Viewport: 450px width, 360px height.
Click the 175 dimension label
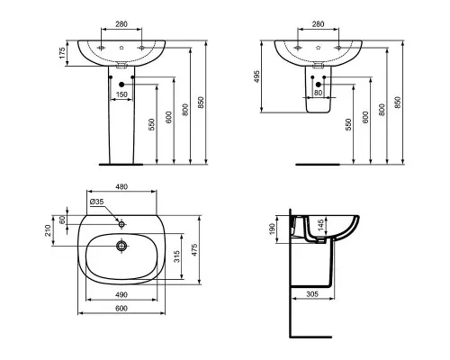click(62, 53)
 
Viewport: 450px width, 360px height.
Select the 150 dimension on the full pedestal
click(121, 94)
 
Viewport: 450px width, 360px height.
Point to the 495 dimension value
click(256, 76)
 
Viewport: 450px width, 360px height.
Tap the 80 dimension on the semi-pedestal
click(318, 93)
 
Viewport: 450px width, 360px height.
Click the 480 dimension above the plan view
click(121, 187)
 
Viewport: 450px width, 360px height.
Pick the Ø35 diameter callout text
click(96, 202)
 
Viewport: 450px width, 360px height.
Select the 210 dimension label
click(48, 230)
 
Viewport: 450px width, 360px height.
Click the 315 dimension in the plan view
click(176, 256)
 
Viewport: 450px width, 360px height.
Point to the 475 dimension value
click(194, 250)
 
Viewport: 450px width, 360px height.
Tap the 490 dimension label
click(121, 295)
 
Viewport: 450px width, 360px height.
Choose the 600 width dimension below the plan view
click(121, 309)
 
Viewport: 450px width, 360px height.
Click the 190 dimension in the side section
click(272, 229)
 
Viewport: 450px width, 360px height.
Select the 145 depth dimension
click(320, 226)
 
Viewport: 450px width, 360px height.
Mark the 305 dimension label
click(312, 294)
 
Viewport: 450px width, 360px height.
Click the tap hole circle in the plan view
click(121, 224)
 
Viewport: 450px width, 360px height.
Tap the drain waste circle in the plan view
click(121, 246)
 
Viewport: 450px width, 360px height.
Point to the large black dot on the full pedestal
click(121, 85)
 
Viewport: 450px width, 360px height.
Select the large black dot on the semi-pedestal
click(319, 85)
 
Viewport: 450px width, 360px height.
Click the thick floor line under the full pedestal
click(121, 165)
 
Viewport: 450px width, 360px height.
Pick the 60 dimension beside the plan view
click(62, 220)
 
